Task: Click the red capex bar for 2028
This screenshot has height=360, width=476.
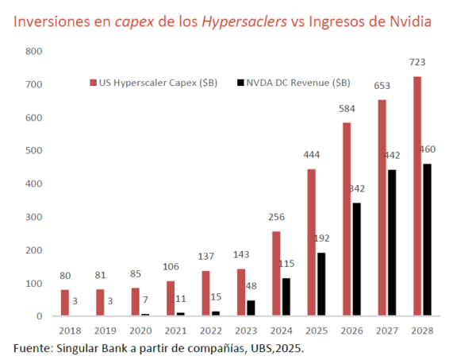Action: (417, 196)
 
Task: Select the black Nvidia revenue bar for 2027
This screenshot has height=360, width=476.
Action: (392, 242)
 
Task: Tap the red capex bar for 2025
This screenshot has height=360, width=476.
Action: (312, 242)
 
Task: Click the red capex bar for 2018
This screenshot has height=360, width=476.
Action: (65, 303)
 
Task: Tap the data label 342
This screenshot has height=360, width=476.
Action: (359, 188)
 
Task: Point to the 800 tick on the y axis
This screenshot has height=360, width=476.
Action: (34, 51)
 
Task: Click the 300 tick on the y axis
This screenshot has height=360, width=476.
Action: (34, 217)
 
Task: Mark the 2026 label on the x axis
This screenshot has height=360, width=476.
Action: (353, 331)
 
